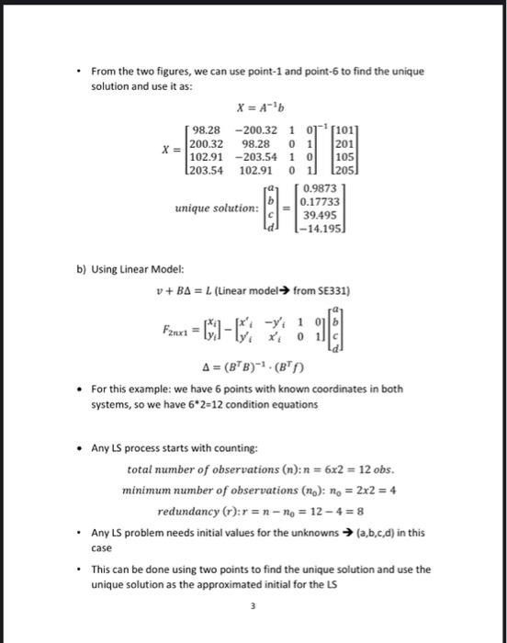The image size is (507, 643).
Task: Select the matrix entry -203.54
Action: coord(257,156)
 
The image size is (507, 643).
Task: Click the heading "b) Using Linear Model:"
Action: coord(131,268)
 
